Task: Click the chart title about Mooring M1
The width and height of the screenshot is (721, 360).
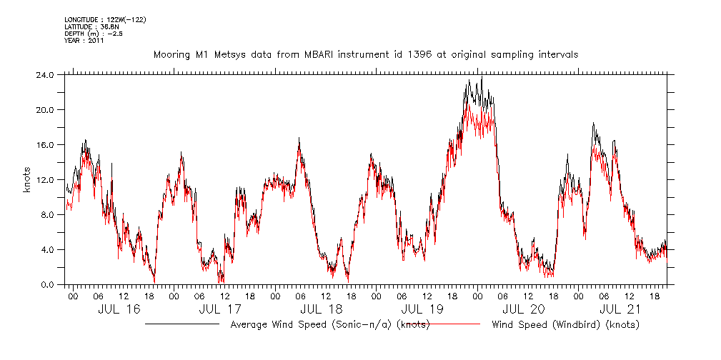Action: pyautogui.click(x=365, y=54)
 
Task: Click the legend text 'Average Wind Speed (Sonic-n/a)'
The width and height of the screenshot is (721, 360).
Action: pyautogui.click(x=329, y=325)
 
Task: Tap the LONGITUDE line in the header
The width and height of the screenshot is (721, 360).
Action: pyautogui.click(x=105, y=19)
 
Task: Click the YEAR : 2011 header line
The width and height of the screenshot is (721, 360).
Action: pyautogui.click(x=84, y=41)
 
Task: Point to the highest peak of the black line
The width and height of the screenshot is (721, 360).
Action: pyautogui.click(x=482, y=76)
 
